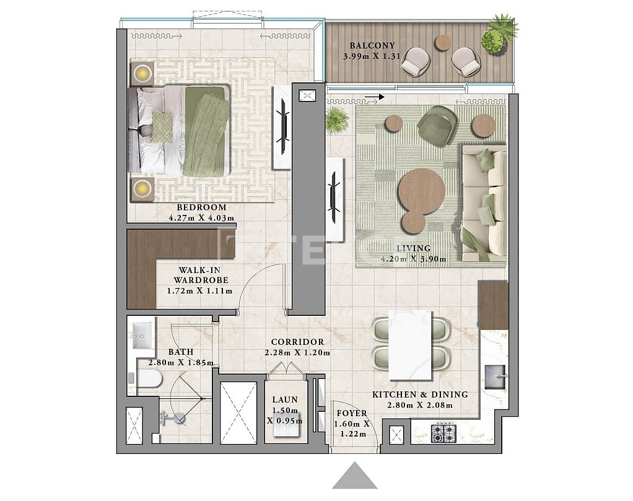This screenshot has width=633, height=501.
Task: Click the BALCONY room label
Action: (369, 46)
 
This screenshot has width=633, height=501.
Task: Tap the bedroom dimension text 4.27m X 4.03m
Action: (201, 218)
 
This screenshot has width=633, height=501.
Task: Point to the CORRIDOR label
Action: (297, 342)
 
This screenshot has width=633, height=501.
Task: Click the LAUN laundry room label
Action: (285, 400)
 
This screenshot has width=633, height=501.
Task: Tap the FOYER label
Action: (351, 413)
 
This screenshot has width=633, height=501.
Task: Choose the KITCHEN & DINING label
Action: (420, 394)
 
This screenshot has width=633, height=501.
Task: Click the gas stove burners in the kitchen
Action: (443, 432)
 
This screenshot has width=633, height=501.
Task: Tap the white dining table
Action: (409, 345)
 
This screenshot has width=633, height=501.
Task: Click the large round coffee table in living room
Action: (421, 189)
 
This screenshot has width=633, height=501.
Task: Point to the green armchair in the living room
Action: (437, 126)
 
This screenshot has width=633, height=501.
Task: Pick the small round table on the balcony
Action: (443, 42)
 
